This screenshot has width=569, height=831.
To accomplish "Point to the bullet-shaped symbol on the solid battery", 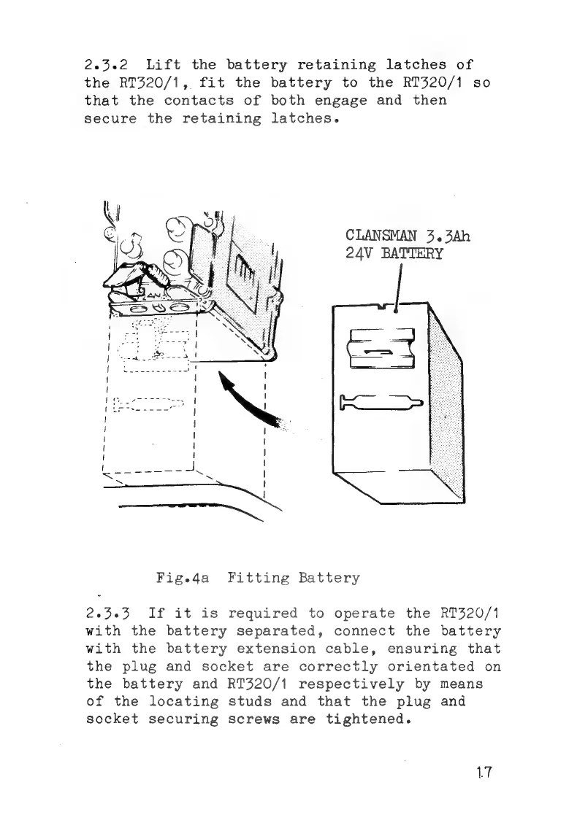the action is [x=381, y=402].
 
